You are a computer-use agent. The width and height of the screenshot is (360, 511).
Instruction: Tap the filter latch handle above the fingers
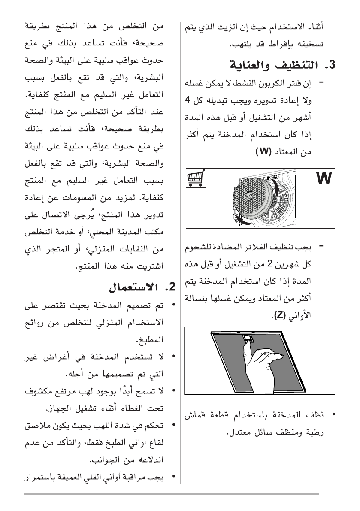tap(248, 339)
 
